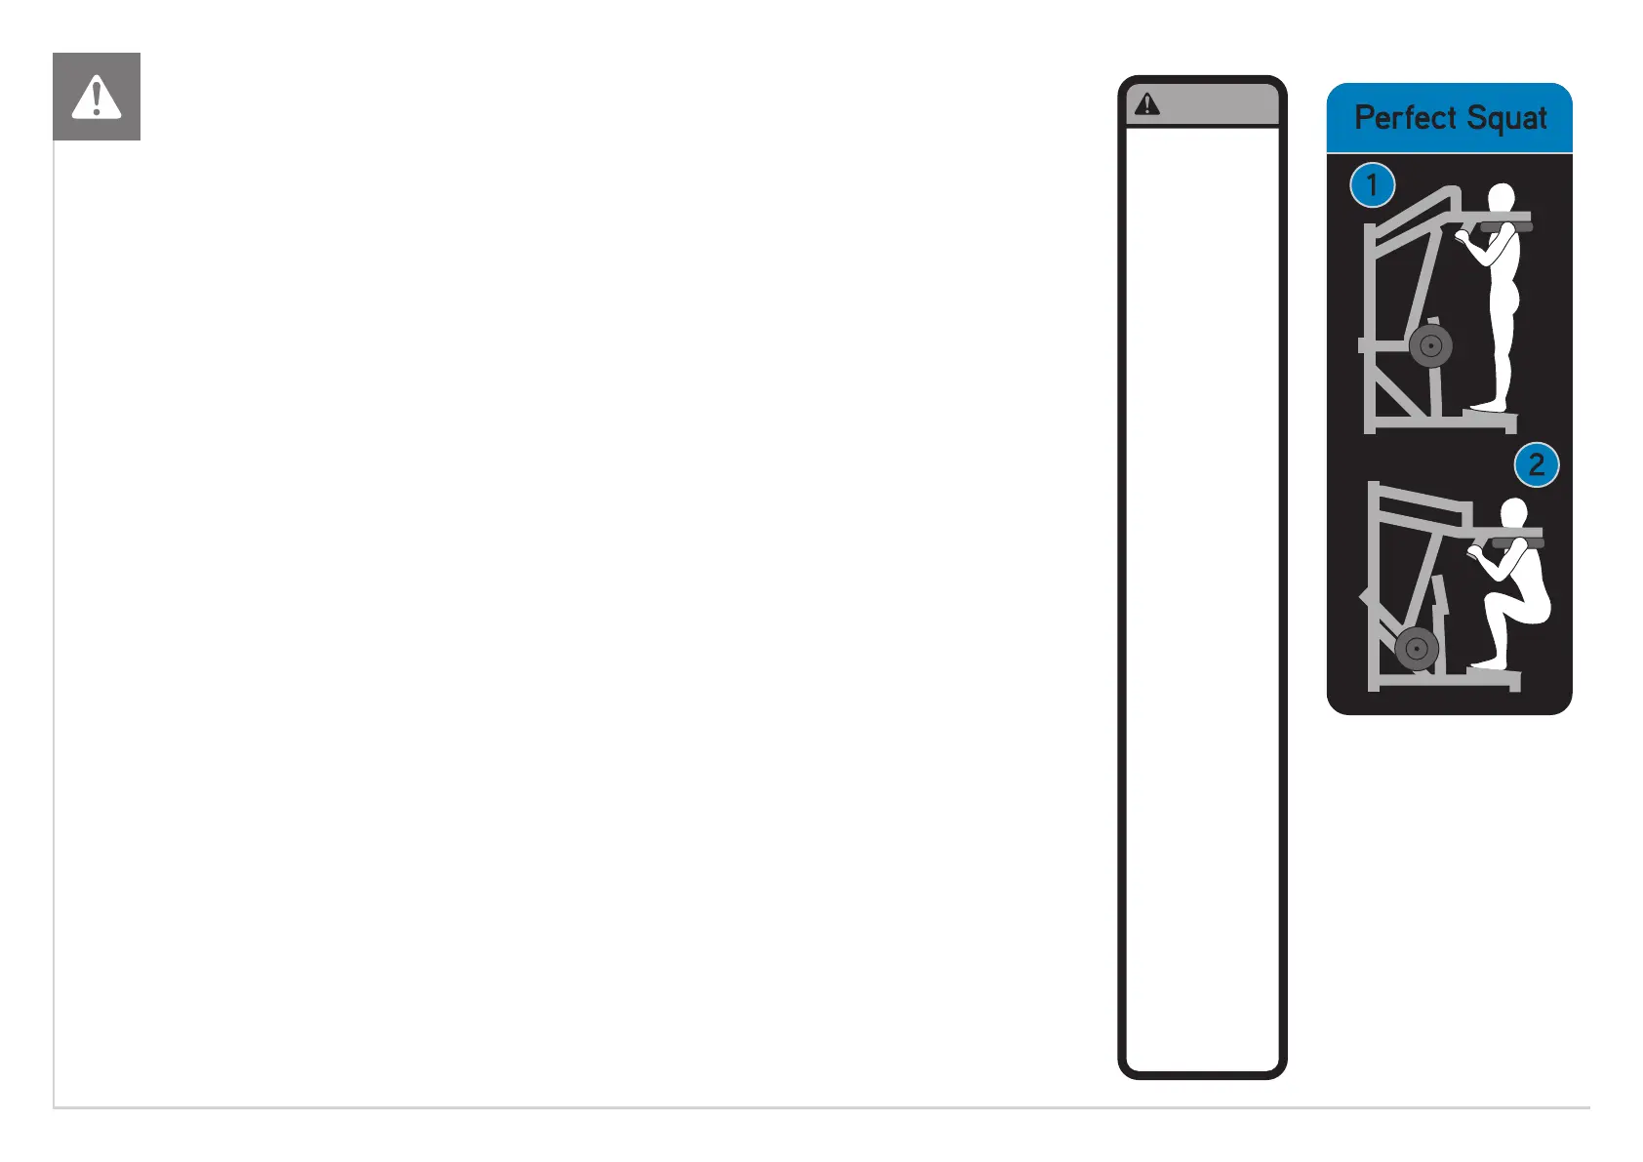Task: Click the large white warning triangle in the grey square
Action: pyautogui.click(x=97, y=98)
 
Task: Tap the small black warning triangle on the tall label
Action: pyautogui.click(x=1147, y=104)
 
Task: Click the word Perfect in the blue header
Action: pyautogui.click(x=1405, y=118)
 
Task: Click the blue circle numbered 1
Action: pyautogui.click(x=1372, y=184)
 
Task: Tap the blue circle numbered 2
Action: pyautogui.click(x=1536, y=464)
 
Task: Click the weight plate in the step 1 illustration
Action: pyautogui.click(x=1430, y=345)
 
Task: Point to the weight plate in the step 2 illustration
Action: pyautogui.click(x=1417, y=649)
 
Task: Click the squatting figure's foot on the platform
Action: pyautogui.click(x=1488, y=663)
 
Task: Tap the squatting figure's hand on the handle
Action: pyautogui.click(x=1474, y=554)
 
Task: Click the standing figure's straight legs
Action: pyautogui.click(x=1501, y=351)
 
